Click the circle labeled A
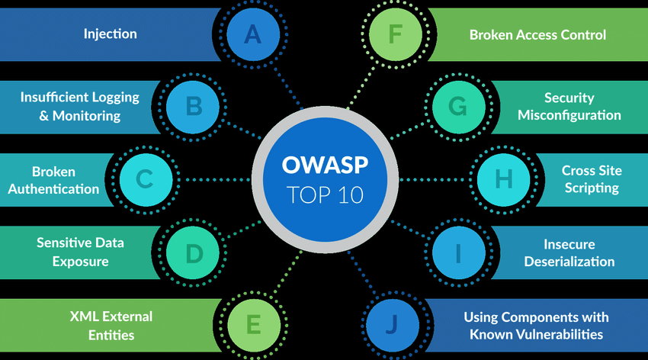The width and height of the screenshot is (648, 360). click(x=253, y=34)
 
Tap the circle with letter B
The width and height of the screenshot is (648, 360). click(x=193, y=107)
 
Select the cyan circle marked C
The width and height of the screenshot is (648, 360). click(x=146, y=180)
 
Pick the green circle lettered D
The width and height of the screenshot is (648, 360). click(x=193, y=252)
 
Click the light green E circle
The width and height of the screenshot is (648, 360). click(x=254, y=325)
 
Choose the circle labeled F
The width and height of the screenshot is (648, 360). click(x=395, y=34)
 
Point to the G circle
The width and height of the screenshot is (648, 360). click(x=459, y=107)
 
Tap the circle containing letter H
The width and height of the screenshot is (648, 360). click(x=503, y=180)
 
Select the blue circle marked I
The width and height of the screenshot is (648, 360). click(x=459, y=252)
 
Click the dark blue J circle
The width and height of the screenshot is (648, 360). click(x=393, y=325)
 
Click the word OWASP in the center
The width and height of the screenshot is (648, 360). click(x=325, y=165)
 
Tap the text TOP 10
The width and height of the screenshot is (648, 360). click(x=325, y=194)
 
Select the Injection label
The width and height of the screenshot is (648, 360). click(x=111, y=34)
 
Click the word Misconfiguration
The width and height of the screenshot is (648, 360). click(x=569, y=115)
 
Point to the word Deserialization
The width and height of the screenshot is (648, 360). click(x=569, y=261)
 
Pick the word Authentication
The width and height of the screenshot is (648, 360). click(x=53, y=189)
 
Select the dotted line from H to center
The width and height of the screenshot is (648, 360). click(x=435, y=180)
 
